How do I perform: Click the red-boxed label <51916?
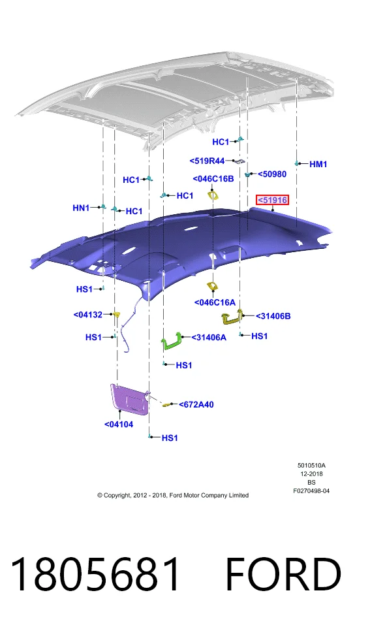(273, 200)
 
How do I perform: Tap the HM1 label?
(318, 164)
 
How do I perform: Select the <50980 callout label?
(272, 174)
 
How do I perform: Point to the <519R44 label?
(207, 161)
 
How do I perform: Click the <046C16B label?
(213, 179)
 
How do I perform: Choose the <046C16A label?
(215, 302)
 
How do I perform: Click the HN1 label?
(81, 208)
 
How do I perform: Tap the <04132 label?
(88, 315)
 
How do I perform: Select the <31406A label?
(209, 338)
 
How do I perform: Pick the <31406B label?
(273, 316)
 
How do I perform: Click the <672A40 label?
(196, 405)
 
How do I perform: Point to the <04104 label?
(119, 425)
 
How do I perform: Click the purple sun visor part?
(129, 398)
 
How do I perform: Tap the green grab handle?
(172, 342)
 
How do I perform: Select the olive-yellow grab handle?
(232, 317)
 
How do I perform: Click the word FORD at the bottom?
(283, 575)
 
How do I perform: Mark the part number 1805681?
(95, 575)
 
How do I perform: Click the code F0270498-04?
(311, 490)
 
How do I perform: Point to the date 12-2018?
(312, 474)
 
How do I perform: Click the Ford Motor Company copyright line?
(173, 495)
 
